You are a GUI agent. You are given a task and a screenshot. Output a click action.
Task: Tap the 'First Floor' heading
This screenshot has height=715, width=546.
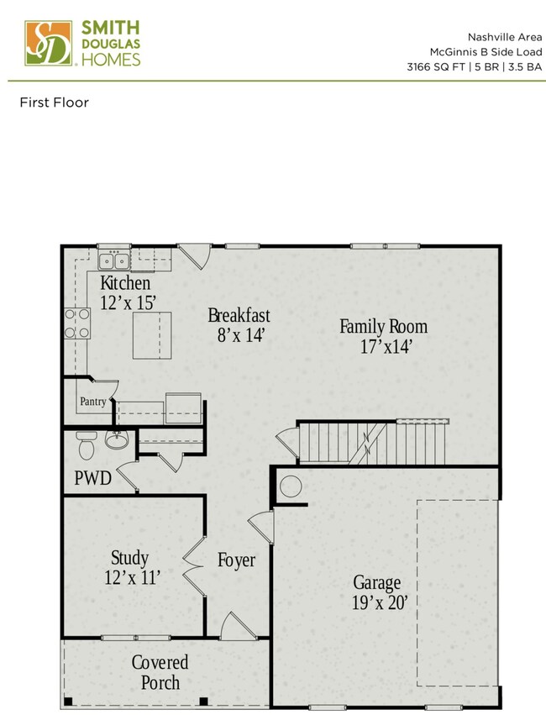[54, 103]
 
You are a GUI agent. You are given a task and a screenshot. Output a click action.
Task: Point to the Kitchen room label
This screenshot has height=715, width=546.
[125, 282]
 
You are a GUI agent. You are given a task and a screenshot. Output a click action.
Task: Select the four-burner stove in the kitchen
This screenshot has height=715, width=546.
[77, 323]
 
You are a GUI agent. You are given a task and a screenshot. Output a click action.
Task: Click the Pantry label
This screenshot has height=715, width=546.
[92, 402]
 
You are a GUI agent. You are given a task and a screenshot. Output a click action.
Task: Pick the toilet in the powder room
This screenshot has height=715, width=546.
[84, 444]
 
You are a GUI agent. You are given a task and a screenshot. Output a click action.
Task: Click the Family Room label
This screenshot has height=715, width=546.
[383, 326]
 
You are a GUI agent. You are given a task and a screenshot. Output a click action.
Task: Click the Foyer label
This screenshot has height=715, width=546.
[236, 560]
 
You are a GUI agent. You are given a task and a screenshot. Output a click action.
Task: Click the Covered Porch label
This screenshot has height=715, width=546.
[160, 672]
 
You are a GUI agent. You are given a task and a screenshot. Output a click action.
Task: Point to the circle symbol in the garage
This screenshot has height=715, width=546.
[291, 486]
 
